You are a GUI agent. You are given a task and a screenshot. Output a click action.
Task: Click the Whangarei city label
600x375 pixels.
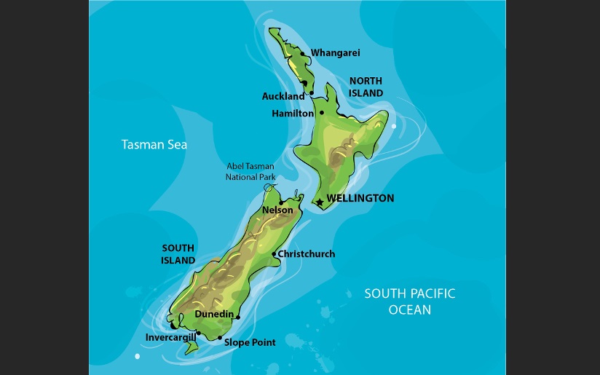pyautogui.click(x=335, y=53)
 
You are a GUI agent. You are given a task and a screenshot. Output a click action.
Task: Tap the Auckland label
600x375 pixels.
pyautogui.click(x=283, y=96)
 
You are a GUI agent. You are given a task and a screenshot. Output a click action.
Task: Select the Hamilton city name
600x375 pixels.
pyautogui.click(x=293, y=114)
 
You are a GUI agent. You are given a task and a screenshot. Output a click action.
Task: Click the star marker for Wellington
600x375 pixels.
pyautogui.click(x=319, y=202)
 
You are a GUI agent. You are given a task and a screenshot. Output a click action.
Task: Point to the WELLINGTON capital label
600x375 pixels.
pyautogui.click(x=360, y=198)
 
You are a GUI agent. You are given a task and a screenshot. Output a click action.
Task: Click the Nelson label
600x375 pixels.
pyautogui.click(x=277, y=210)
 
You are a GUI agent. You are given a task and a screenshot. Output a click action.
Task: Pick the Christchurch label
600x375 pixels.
pyautogui.click(x=307, y=254)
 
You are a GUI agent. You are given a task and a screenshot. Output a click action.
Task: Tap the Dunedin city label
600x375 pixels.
pyautogui.click(x=214, y=314)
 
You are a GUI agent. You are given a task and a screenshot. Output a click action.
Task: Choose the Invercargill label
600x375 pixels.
pyautogui.click(x=171, y=337)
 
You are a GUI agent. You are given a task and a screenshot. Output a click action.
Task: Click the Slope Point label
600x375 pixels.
pyautogui.click(x=250, y=342)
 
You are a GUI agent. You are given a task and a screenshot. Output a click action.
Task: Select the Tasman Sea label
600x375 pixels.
pyautogui.click(x=154, y=145)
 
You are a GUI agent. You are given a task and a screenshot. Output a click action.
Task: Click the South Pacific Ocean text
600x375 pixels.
pyautogui.click(x=410, y=301)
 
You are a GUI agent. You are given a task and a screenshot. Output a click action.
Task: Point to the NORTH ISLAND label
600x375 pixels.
pyautogui.click(x=366, y=87)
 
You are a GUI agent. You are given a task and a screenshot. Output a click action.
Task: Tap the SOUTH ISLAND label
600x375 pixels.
pyautogui.click(x=178, y=254)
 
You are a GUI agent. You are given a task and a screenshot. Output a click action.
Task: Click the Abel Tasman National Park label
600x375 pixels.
pyautogui.click(x=250, y=171)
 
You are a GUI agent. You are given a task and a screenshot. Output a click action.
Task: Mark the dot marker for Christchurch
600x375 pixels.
pyautogui.click(x=274, y=254)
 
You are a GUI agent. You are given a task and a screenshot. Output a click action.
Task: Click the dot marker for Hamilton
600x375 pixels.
pyautogui.click(x=321, y=113)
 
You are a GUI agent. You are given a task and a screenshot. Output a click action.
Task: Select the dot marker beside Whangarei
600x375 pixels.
pyautogui.click(x=302, y=53)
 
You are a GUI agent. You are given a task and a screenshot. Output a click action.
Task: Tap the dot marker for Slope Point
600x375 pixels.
pyautogui.click(x=220, y=338)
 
